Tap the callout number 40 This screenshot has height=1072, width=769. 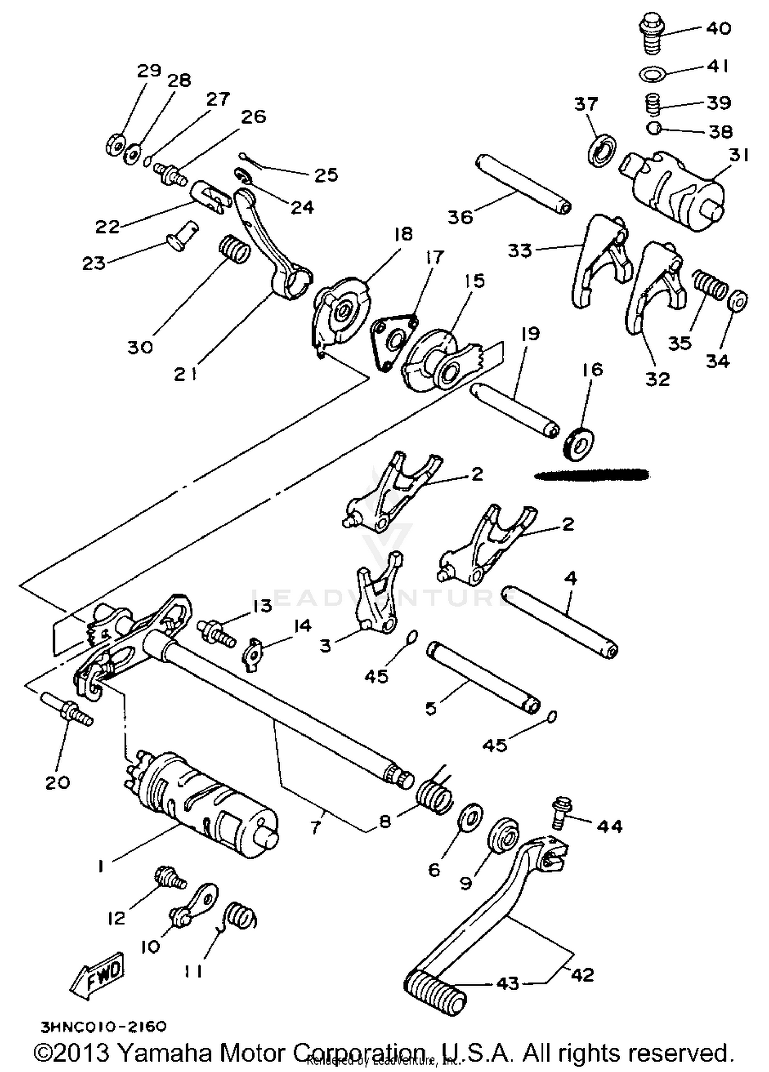coord(718,28)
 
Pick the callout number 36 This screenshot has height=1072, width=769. coord(460,217)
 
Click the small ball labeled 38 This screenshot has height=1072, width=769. coord(654,129)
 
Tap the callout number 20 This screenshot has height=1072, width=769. coord(57,783)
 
